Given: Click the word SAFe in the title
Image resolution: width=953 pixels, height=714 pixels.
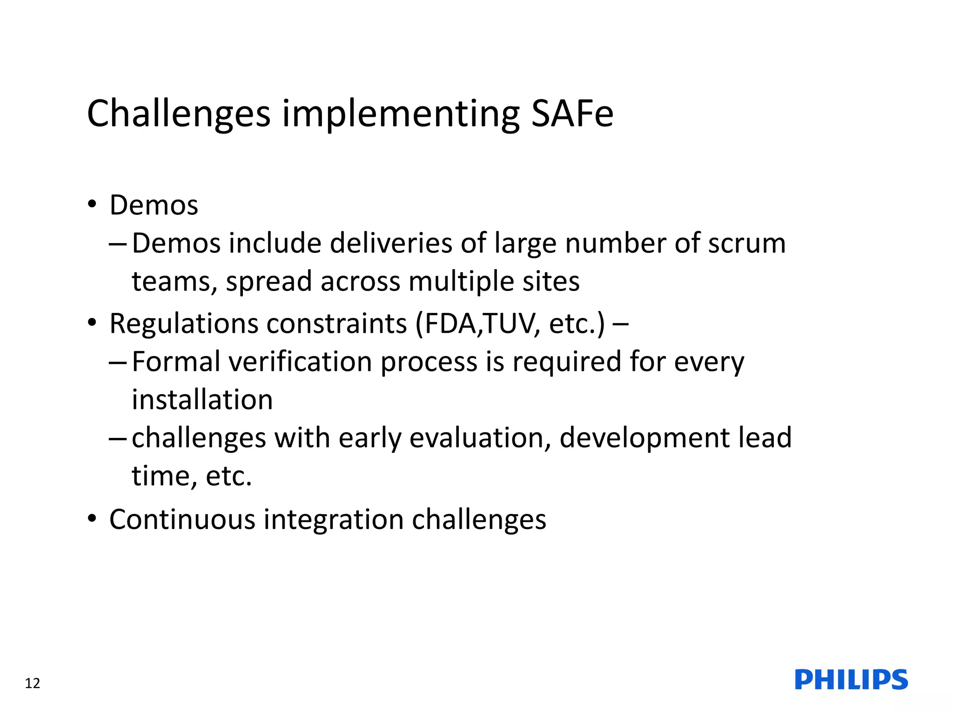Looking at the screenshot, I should [572, 114].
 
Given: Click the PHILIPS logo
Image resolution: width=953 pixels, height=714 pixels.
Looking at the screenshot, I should [851, 680].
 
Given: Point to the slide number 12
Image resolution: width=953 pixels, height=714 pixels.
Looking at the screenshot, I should [33, 683].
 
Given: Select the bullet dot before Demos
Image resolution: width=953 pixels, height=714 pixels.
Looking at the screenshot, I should [92, 204].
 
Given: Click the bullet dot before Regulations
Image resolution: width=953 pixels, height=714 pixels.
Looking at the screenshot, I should [92, 322].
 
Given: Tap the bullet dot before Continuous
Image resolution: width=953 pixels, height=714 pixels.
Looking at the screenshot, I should [92, 518].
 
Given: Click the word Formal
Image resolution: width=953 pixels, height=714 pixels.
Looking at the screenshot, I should [176, 361].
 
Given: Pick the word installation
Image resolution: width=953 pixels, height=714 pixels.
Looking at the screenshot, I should [202, 400].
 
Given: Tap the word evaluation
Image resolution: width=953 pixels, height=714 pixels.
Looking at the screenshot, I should [480, 438].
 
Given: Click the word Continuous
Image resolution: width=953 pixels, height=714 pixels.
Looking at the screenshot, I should [182, 519].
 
